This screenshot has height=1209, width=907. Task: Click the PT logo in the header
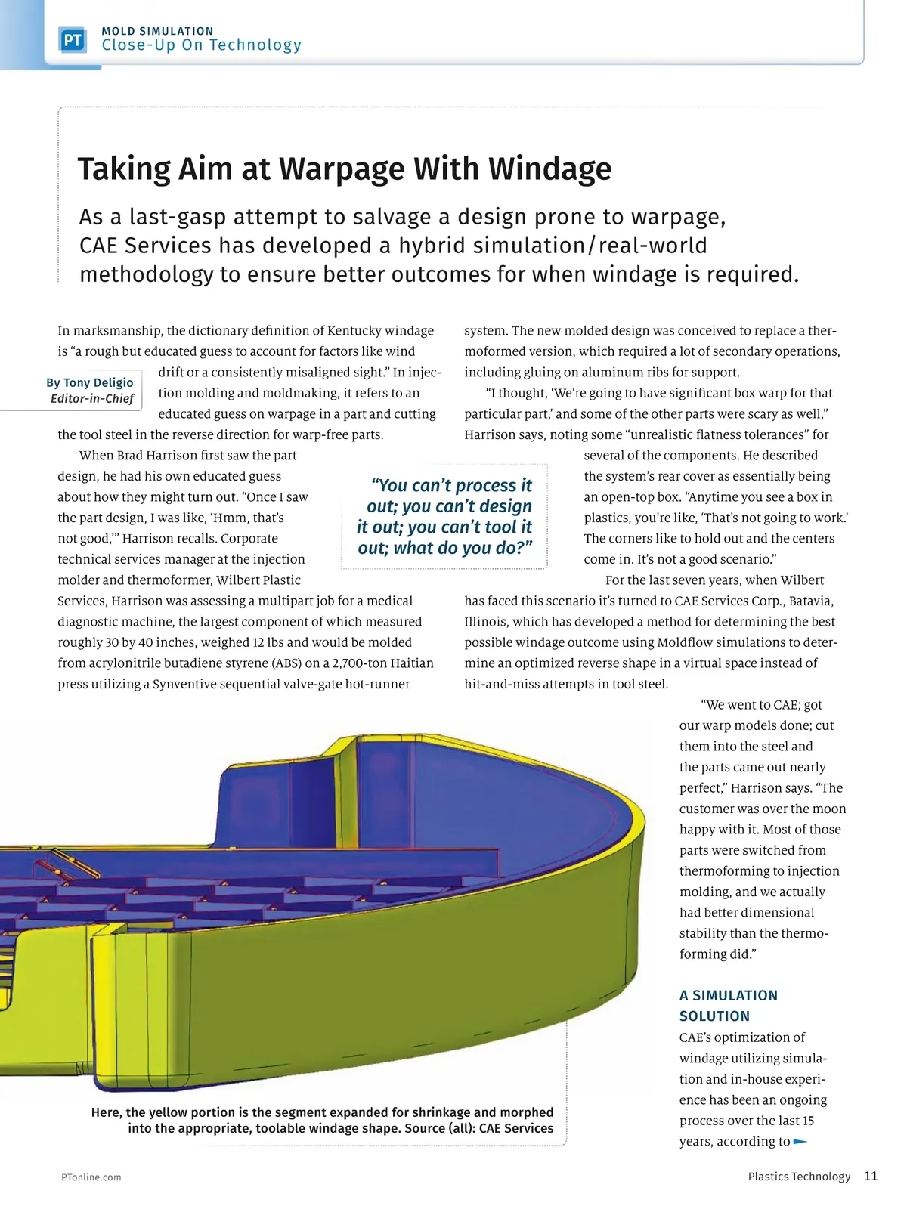click(73, 40)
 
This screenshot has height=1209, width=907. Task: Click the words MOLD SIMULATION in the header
click(157, 31)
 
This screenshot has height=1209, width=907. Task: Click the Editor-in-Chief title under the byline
click(92, 399)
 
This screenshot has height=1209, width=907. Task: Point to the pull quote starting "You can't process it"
click(445, 516)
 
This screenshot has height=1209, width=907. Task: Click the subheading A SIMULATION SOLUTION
click(728, 1006)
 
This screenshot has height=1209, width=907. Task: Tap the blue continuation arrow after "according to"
click(800, 1142)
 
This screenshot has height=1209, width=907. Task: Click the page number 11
click(871, 1176)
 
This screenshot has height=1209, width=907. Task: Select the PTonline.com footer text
click(91, 1177)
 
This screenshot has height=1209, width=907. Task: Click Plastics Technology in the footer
click(799, 1177)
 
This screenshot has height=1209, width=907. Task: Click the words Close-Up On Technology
click(201, 45)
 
